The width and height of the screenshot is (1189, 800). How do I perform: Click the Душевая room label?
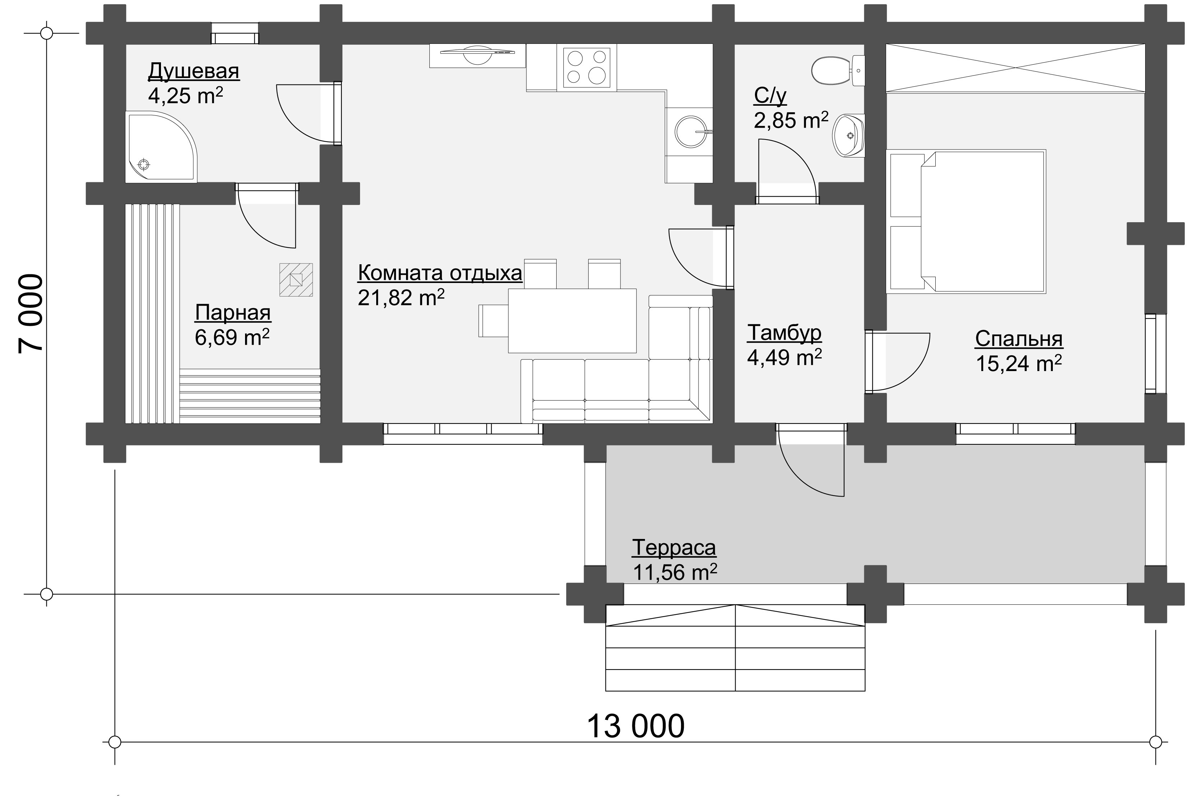194,72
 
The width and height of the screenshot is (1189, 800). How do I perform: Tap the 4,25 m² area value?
185,95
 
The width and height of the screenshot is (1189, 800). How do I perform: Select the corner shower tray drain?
145,165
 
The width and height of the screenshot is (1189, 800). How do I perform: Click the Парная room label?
233,313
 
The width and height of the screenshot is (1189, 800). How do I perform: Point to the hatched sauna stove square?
296,280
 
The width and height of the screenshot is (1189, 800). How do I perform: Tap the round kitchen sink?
691,132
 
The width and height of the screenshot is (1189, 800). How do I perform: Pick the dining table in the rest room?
572,320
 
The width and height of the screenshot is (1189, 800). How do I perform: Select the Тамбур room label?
784,333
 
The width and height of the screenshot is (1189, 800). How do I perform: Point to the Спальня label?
1019,339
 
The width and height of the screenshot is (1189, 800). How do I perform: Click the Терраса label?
674,548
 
